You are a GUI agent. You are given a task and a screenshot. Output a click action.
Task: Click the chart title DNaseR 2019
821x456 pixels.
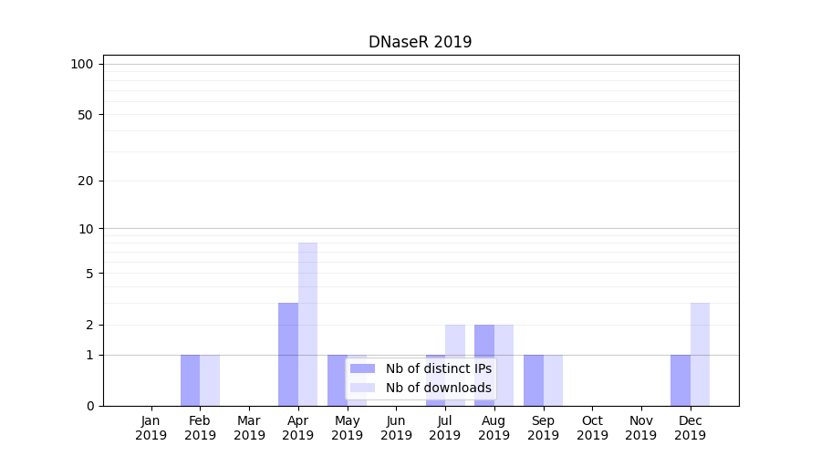[x=420, y=42]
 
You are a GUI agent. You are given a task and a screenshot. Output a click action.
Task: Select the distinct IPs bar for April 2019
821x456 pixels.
[x=288, y=354]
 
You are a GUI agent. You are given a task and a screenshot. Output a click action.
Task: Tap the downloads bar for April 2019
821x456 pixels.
[x=307, y=324]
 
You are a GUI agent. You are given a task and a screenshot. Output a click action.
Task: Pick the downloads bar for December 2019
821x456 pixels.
[x=700, y=354]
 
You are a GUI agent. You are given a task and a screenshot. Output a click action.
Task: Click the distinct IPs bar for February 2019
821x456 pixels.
[x=190, y=380]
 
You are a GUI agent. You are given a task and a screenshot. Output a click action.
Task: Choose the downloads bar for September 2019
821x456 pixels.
[x=553, y=380]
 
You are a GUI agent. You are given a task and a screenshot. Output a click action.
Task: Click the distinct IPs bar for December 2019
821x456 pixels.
[x=681, y=380]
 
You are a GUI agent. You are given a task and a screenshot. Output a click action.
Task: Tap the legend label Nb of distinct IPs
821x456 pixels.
[x=438, y=368]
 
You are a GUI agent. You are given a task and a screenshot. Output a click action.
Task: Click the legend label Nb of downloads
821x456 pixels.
[x=438, y=388]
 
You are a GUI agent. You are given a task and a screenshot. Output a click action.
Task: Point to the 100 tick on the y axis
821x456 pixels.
[x=82, y=64]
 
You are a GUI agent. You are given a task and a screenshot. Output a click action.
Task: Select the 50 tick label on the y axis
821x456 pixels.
[x=86, y=115]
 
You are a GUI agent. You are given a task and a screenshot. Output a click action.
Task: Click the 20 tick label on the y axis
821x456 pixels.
[x=86, y=181]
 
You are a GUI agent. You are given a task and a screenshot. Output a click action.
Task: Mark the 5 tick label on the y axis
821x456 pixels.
[x=89, y=274]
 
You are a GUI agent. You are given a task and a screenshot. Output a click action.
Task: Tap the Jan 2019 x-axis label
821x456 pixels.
[x=151, y=428]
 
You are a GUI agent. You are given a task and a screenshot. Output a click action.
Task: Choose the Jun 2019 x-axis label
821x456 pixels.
[x=396, y=428]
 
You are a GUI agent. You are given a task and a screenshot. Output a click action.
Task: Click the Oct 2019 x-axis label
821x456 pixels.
[x=592, y=428]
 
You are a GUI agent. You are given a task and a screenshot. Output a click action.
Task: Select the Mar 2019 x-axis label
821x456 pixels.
[x=249, y=428]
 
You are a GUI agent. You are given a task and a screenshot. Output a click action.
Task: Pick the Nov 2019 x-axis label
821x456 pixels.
[x=641, y=428]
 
